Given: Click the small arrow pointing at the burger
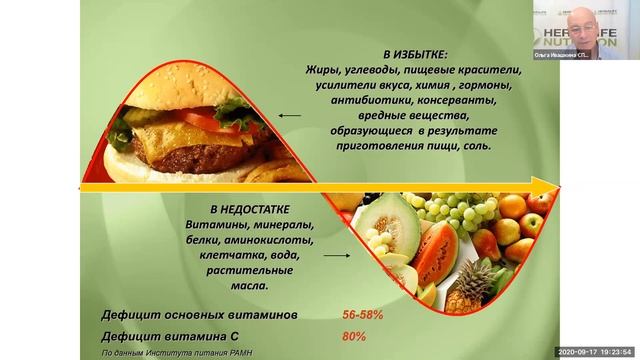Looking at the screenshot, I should pyautogui.click(x=290, y=115).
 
